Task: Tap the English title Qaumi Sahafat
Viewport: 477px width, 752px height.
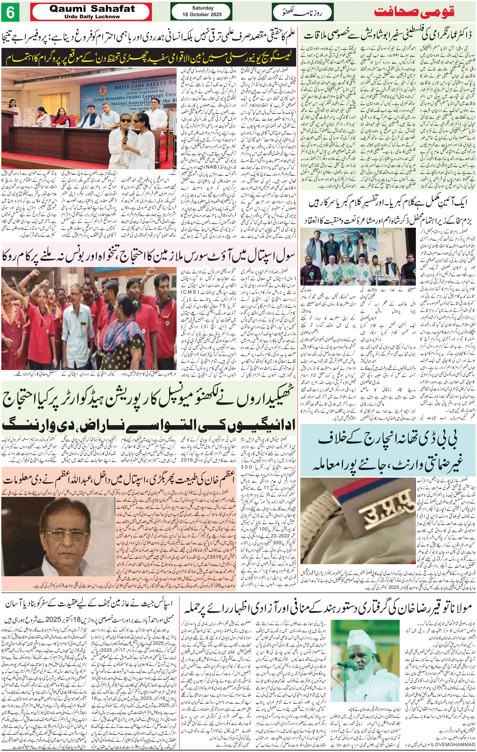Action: (92, 9)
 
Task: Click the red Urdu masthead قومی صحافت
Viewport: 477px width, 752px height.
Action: (414, 12)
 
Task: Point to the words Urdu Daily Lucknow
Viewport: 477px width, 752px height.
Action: (92, 17)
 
